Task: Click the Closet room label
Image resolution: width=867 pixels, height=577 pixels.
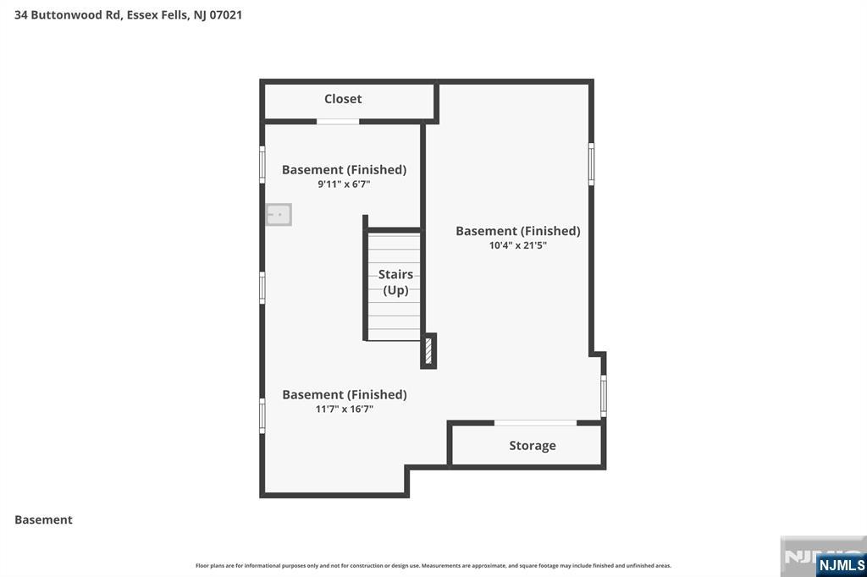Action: (343, 99)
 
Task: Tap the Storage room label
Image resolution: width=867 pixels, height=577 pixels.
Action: (533, 446)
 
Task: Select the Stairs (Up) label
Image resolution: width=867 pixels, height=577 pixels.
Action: (395, 282)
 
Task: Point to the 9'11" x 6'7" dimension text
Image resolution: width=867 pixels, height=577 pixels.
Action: (344, 184)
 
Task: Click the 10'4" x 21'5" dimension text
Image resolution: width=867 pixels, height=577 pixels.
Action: (517, 245)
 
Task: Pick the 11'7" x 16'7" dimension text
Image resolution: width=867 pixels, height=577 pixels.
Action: (344, 409)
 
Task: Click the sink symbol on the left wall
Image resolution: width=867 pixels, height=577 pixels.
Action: (279, 215)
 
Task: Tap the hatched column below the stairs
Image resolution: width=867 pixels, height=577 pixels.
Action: (428, 350)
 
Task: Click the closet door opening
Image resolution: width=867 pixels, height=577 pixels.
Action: (338, 122)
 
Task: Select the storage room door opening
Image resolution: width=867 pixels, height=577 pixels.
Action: (535, 422)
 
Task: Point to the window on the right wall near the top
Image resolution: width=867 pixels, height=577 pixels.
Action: (591, 164)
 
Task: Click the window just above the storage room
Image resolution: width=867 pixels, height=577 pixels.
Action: (604, 394)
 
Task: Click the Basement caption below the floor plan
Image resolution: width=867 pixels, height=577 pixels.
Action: (43, 519)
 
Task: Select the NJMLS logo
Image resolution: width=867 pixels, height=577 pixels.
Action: (841, 565)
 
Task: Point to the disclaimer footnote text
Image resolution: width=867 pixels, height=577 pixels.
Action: (433, 565)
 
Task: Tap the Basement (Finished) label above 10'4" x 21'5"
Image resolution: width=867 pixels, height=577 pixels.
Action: (517, 231)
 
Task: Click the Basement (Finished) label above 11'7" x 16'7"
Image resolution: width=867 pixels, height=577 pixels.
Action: (344, 394)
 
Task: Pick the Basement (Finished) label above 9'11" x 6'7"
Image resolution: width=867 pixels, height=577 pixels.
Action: (344, 169)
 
